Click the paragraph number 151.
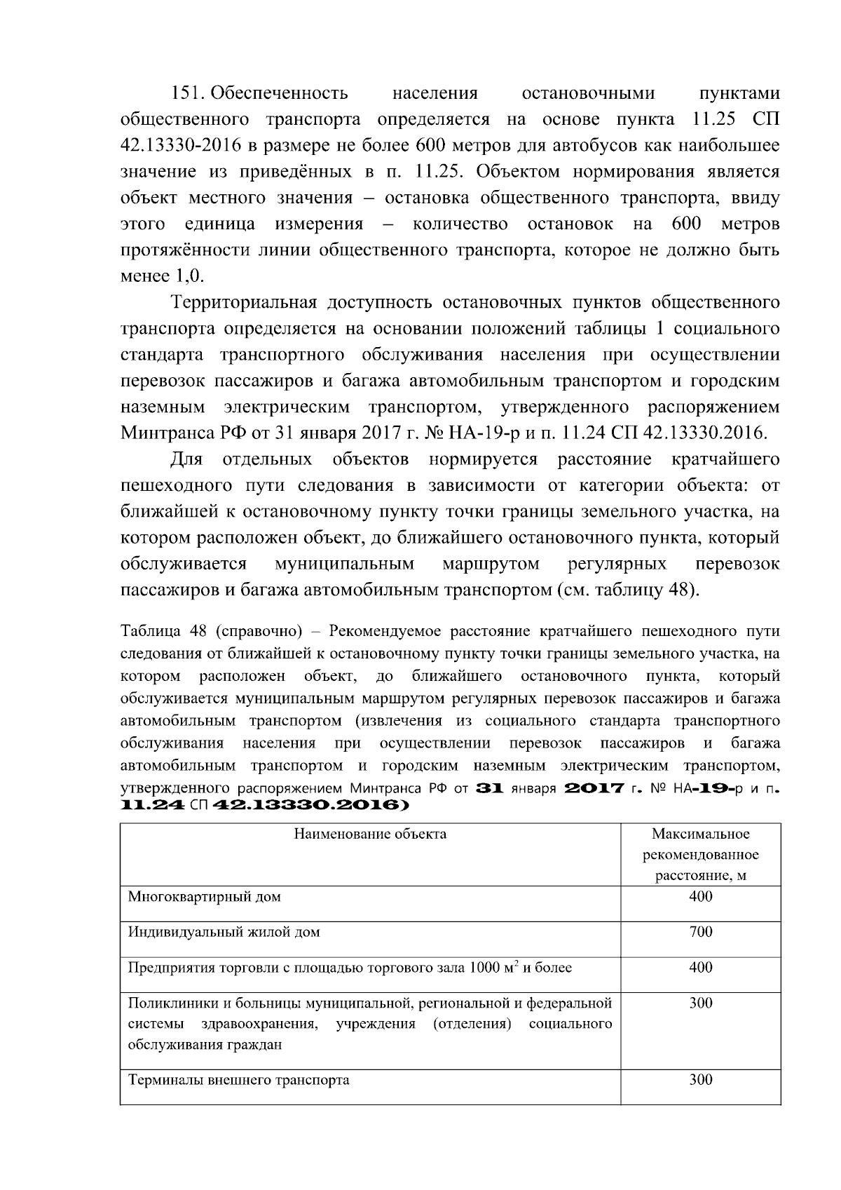pyautogui.click(x=188, y=94)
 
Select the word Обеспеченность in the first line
pyautogui.click(x=279, y=94)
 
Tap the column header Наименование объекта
pyautogui.click(x=370, y=834)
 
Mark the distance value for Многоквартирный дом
pyautogui.click(x=700, y=897)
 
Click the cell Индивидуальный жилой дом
pyautogui.click(x=224, y=933)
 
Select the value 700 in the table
pyautogui.click(x=700, y=933)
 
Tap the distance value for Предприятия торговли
pyautogui.click(x=700, y=968)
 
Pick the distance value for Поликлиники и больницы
pyautogui.click(x=700, y=1003)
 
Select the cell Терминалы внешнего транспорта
pyautogui.click(x=238, y=1081)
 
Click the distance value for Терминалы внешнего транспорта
pyautogui.click(x=700, y=1081)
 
